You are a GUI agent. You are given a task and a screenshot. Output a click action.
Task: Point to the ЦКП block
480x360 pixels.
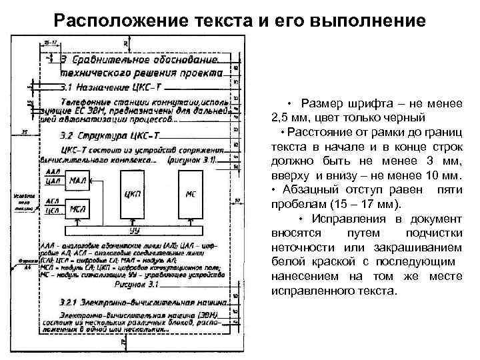click(x=134, y=194)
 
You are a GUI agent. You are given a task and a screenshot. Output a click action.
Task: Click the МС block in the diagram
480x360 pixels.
click(x=190, y=194)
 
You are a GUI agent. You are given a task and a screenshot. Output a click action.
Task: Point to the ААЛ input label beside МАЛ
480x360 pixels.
click(x=54, y=172)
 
